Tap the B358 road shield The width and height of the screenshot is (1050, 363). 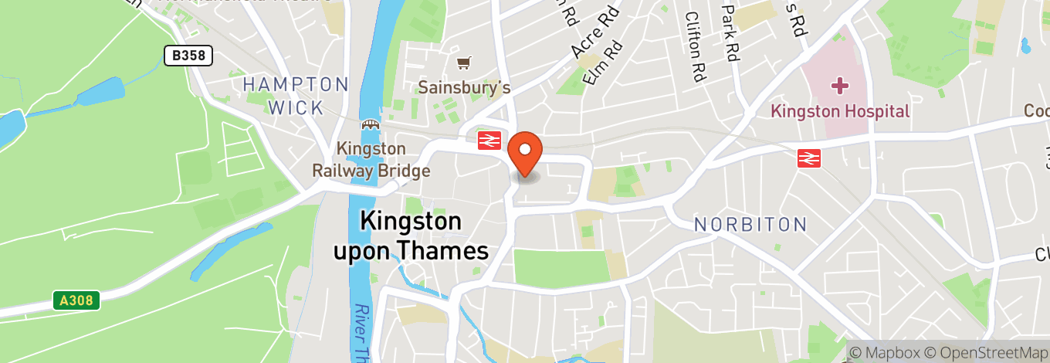tap(188, 55)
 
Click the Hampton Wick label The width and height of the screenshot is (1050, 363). tap(296, 96)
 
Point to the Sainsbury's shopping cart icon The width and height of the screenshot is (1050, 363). tap(463, 62)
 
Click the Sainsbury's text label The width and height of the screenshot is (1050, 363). tap(464, 87)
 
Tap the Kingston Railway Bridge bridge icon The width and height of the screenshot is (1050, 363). tap(371, 124)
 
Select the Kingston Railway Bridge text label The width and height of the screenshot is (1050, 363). tap(371, 159)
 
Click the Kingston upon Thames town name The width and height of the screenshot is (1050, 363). tap(411, 236)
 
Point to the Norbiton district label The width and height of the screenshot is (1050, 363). tap(750, 225)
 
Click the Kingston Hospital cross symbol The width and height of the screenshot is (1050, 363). tap(839, 85)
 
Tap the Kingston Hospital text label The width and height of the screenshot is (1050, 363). tap(840, 111)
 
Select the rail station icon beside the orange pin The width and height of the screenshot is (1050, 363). tap(489, 140)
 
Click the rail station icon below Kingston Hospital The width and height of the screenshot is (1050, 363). tap(808, 158)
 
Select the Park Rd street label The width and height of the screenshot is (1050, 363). tap(730, 32)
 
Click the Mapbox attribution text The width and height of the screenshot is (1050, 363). tap(885, 352)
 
